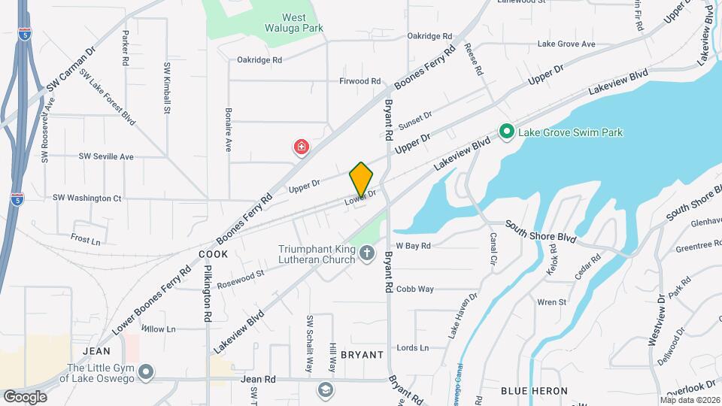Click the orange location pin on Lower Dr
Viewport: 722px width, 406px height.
click(x=362, y=179)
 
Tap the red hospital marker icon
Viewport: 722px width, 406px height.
click(x=302, y=147)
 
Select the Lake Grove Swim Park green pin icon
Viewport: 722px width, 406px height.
click(x=507, y=132)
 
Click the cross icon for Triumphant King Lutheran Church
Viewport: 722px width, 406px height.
click(x=367, y=254)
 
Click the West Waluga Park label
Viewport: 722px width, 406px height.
click(x=293, y=23)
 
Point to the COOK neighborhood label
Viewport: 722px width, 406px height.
click(x=213, y=255)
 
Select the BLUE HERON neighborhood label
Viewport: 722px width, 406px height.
click(x=534, y=391)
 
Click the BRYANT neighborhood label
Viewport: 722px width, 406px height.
click(x=363, y=354)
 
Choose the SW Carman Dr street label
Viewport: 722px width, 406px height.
click(x=71, y=71)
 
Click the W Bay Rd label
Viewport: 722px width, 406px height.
click(x=413, y=246)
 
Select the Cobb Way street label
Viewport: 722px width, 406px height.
click(x=415, y=289)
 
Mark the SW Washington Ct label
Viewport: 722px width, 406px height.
click(x=86, y=198)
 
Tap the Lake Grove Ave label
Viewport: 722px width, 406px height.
click(x=566, y=44)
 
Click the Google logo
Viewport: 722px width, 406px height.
click(x=25, y=396)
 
